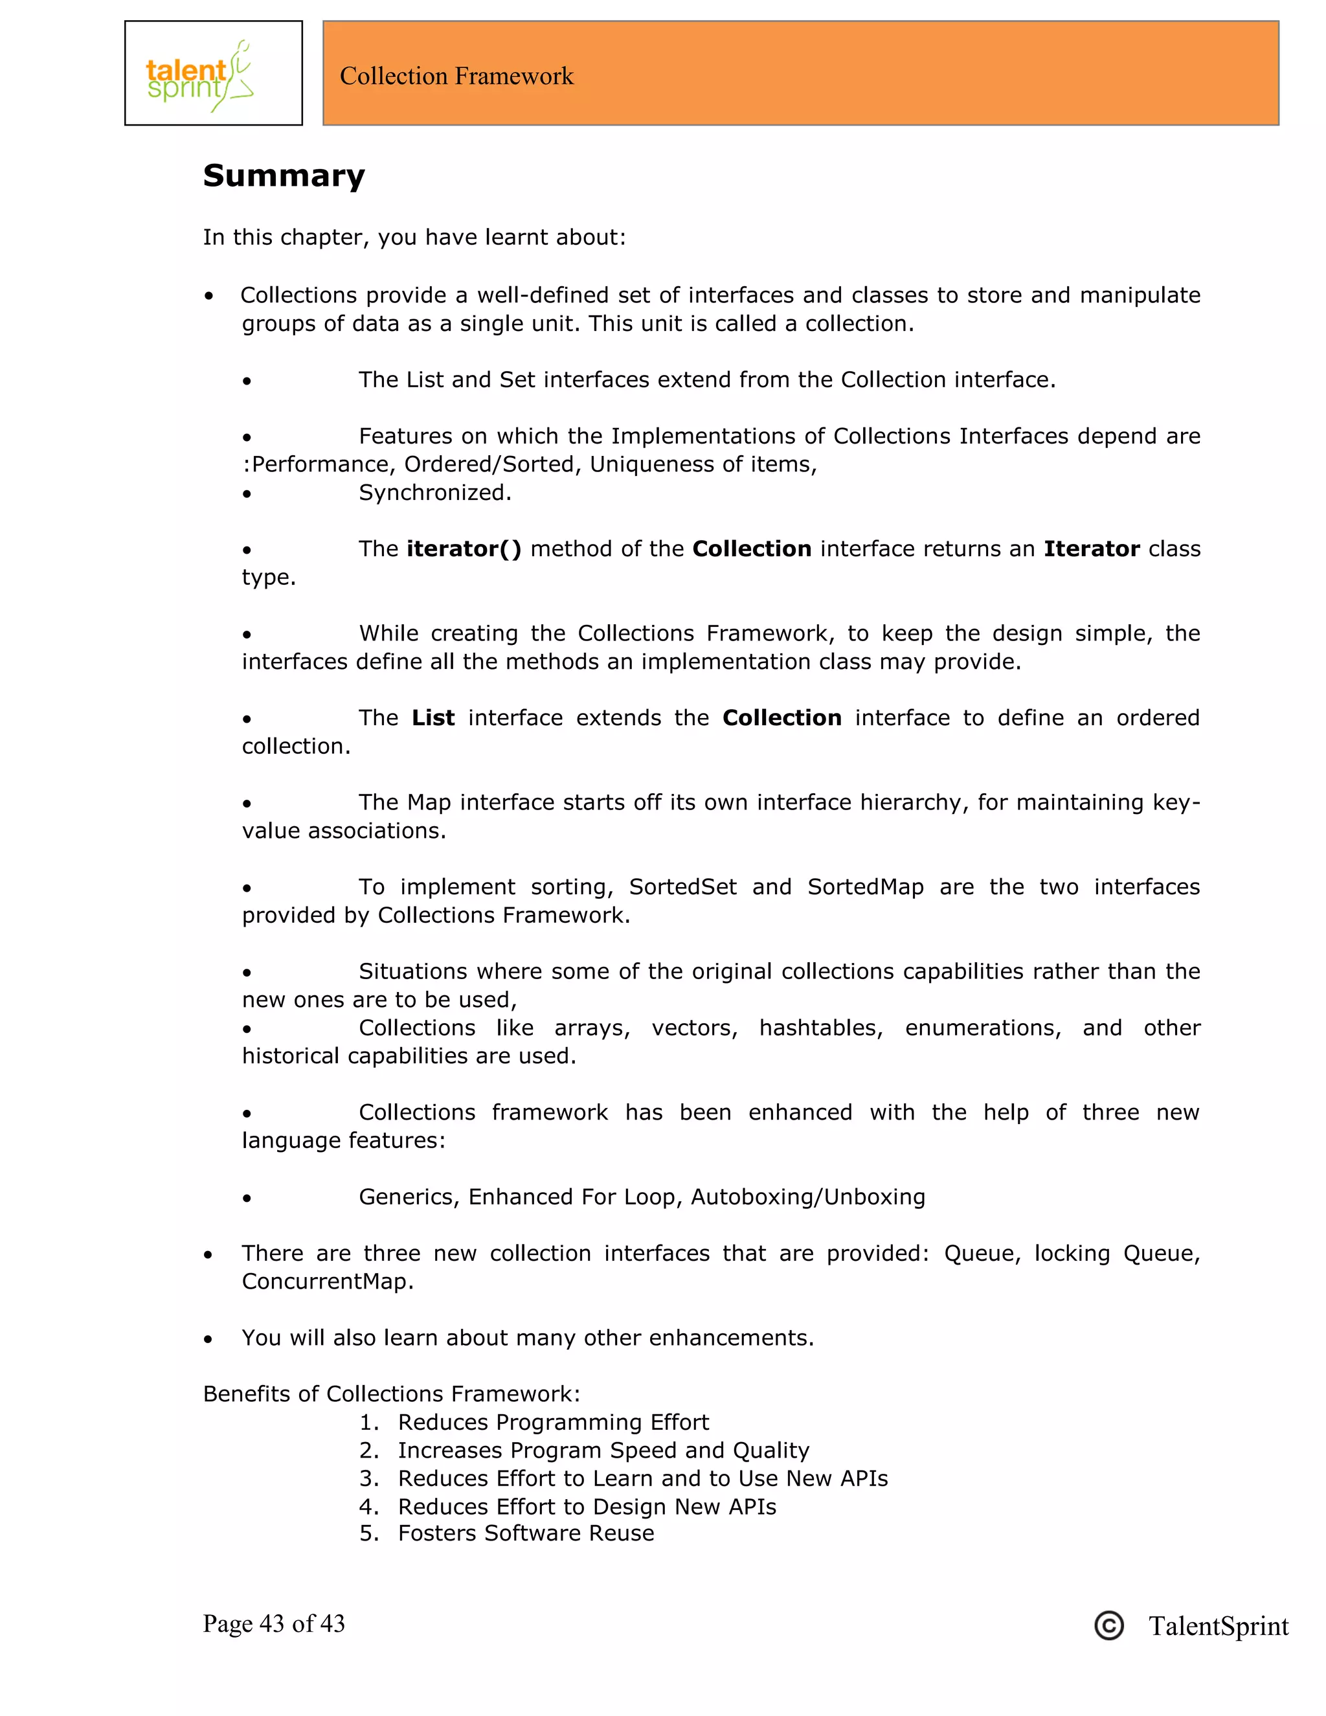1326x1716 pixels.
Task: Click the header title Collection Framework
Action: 456,76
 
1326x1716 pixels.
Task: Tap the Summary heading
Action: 284,175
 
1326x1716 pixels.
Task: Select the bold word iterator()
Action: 464,548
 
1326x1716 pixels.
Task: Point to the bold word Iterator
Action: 1091,548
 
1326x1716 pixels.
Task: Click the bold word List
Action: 433,717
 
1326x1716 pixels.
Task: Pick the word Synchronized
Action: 434,493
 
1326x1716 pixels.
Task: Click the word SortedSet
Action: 682,886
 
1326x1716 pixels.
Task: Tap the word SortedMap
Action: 865,886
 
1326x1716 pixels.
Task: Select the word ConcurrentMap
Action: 327,1281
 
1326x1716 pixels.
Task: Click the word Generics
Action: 409,1197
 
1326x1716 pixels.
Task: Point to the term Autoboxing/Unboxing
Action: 807,1197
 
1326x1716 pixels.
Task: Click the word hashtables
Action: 820,1028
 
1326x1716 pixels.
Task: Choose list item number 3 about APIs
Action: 642,1479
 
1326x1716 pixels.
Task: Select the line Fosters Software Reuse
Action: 526,1533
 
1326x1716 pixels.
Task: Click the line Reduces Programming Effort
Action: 553,1422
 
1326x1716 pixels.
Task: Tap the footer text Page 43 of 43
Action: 273,1624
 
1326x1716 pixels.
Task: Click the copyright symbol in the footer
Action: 1108,1625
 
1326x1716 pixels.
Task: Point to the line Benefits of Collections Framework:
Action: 391,1394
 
